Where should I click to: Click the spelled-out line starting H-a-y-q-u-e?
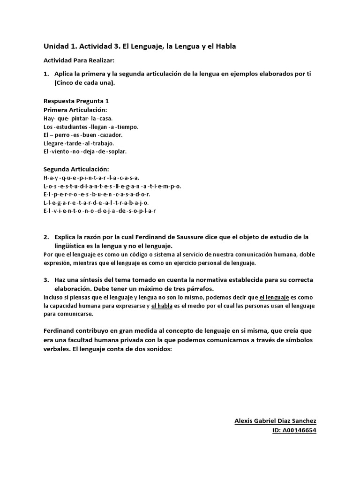pos(91,178)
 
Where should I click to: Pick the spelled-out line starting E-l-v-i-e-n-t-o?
pos(99,211)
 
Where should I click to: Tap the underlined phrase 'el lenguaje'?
pos(274,297)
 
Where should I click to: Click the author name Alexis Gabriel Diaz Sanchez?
pos(275,421)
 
